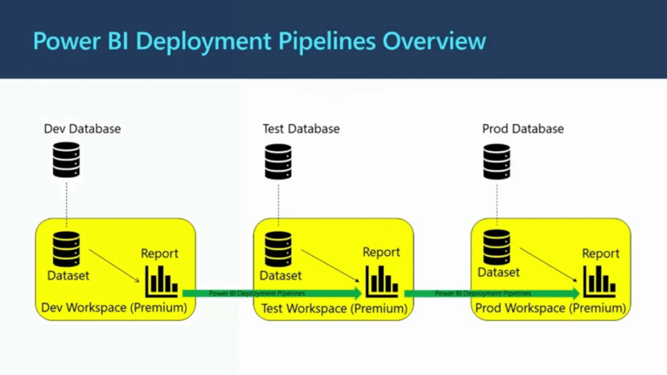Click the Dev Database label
[x=83, y=129]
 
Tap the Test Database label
[x=300, y=129]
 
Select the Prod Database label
[x=522, y=129]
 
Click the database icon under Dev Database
[x=66, y=161]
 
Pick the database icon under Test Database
[x=278, y=161]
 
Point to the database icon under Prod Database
[x=497, y=161]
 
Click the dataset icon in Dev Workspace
[x=66, y=249]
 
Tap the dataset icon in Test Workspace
[x=278, y=249]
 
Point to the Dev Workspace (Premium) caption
[x=114, y=307]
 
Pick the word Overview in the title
[x=436, y=41]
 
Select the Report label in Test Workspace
[x=381, y=253]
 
